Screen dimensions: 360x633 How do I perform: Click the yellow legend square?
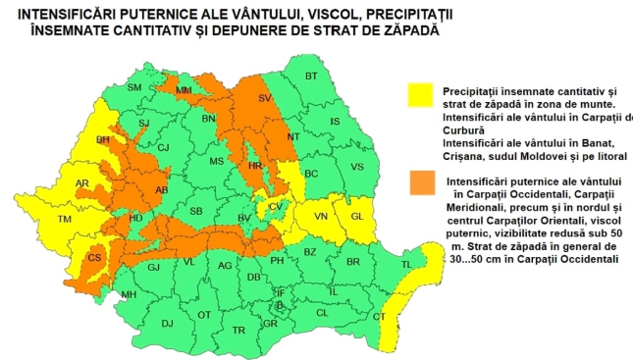pyautogui.click(x=420, y=92)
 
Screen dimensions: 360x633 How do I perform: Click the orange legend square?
pyautogui.click(x=420, y=182)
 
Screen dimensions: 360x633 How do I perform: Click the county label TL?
pyautogui.click(x=406, y=265)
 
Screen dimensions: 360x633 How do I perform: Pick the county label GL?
pyautogui.click(x=357, y=216)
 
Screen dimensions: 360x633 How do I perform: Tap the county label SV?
pyautogui.click(x=264, y=98)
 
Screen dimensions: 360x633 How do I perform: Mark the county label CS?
pyautogui.click(x=95, y=258)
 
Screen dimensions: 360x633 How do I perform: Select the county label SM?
pyautogui.click(x=134, y=88)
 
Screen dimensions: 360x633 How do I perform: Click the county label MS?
pyautogui.click(x=217, y=161)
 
